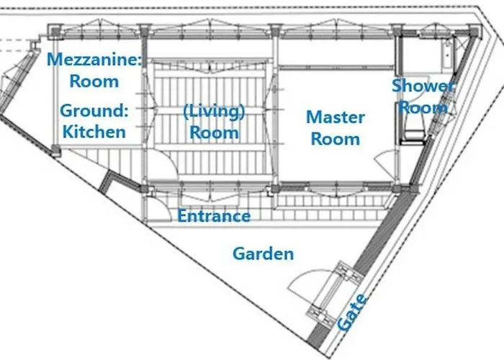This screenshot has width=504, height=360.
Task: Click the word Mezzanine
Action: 94,60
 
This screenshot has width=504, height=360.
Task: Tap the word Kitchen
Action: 94,132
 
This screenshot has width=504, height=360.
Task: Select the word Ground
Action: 94,111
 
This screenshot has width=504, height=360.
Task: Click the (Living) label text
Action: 214,112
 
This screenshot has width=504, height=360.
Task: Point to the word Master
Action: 336,117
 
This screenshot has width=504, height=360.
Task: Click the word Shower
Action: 423,86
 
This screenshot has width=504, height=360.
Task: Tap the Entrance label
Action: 214,216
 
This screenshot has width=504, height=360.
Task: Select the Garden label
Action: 264,253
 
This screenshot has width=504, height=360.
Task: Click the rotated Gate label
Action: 352,312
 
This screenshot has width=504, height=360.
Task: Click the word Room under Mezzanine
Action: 94,81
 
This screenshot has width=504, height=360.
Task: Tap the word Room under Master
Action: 336,139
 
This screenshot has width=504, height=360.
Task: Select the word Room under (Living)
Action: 214,132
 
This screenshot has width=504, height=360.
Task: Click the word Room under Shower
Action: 423,108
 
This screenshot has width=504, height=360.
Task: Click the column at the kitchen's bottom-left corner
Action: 55,150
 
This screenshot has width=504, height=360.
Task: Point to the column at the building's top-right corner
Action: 474,32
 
